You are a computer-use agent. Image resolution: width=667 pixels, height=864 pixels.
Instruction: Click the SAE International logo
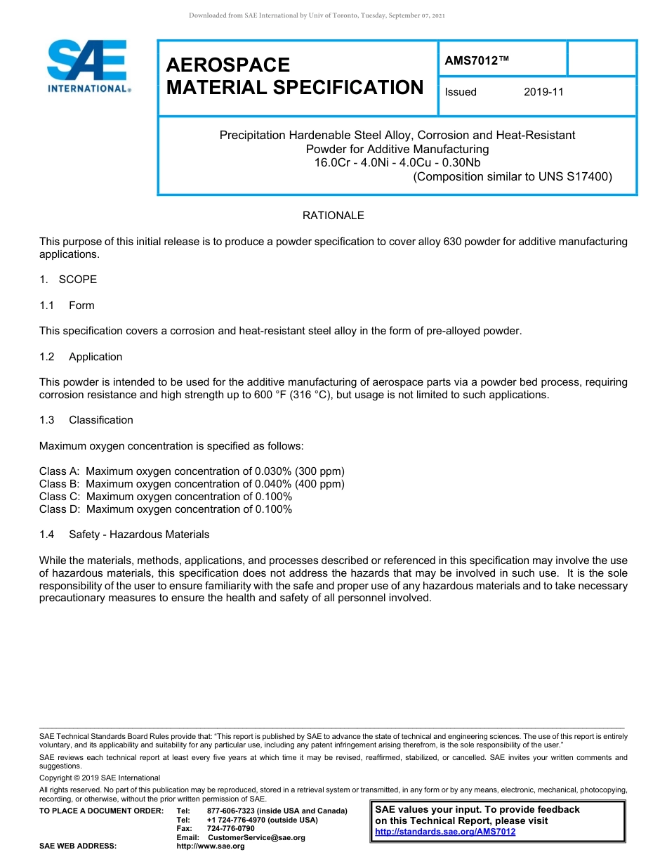coord(87,66)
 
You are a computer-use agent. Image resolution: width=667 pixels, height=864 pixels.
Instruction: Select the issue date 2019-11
coord(543,92)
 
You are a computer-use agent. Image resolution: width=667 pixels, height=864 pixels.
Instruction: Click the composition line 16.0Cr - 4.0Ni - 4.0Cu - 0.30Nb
coord(397,163)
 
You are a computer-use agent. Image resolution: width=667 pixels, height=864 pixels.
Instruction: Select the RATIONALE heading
coord(333,216)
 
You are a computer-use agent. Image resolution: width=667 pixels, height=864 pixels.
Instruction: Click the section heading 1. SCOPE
coord(68,280)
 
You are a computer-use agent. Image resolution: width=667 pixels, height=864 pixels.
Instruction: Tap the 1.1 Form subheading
coord(67,306)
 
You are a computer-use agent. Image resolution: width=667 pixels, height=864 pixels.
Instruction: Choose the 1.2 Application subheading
coord(81,357)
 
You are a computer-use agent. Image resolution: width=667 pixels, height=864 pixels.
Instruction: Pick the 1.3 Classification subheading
coord(86,420)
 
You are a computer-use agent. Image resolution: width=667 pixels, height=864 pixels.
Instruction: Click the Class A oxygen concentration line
coord(192,471)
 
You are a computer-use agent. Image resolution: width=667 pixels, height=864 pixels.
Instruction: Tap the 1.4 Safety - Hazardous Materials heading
coord(124,535)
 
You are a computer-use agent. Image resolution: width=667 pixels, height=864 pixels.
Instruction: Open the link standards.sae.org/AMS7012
coord(445,832)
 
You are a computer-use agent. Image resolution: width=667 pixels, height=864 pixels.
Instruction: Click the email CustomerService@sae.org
coord(256,837)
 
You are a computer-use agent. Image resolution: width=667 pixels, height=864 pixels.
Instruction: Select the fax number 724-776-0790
coord(230,828)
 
